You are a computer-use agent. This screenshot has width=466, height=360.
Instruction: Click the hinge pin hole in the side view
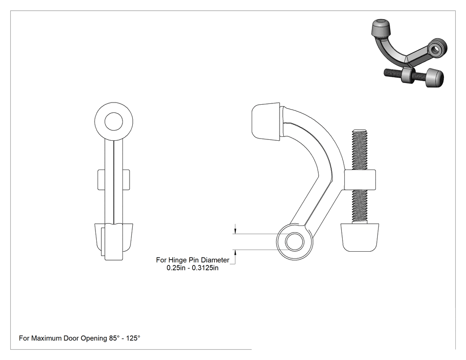[x=295, y=241]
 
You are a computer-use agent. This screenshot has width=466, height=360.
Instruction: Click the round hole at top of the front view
[x=114, y=122]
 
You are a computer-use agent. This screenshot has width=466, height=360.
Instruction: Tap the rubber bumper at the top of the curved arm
[x=266, y=122]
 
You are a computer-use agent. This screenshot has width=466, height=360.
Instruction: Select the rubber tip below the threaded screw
[x=360, y=237]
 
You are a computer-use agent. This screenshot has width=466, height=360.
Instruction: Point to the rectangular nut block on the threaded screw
[x=360, y=180]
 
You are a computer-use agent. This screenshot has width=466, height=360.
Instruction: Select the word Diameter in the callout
[x=215, y=260]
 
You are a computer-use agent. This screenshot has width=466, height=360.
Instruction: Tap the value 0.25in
[x=176, y=268]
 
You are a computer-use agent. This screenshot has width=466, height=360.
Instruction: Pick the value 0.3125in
[x=205, y=268]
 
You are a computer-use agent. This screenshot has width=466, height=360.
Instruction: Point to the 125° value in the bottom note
[x=133, y=338]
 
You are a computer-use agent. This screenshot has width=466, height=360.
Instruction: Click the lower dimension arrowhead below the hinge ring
[x=235, y=253]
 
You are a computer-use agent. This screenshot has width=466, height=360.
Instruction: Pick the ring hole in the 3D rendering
[x=437, y=48]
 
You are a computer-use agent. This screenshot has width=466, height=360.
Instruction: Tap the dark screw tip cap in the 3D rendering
[x=434, y=77]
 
